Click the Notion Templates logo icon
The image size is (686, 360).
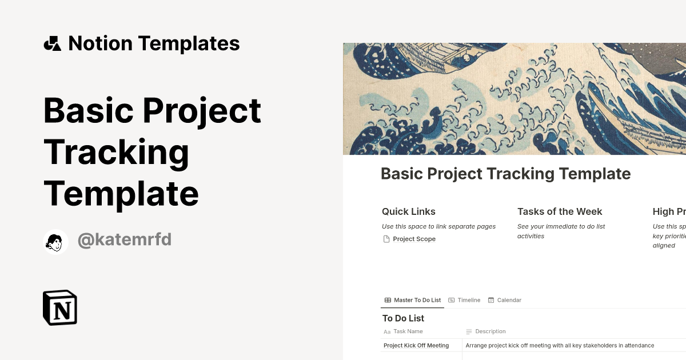pos(53,43)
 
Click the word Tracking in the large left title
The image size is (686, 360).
pos(116,152)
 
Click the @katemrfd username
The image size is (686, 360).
pos(124,240)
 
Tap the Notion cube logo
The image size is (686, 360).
pos(60,307)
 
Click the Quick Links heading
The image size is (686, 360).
pos(409,211)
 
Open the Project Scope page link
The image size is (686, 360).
pos(414,239)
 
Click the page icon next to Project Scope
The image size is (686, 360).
pos(386,239)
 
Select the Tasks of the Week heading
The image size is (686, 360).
pos(560,211)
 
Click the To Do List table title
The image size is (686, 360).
pos(403,318)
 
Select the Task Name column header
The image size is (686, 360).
pos(408,331)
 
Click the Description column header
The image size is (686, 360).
pos(490,331)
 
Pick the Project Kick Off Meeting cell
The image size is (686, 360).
pos(416,346)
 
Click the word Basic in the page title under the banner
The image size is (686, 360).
pos(402,174)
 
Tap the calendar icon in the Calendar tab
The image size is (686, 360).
pos(491,300)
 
